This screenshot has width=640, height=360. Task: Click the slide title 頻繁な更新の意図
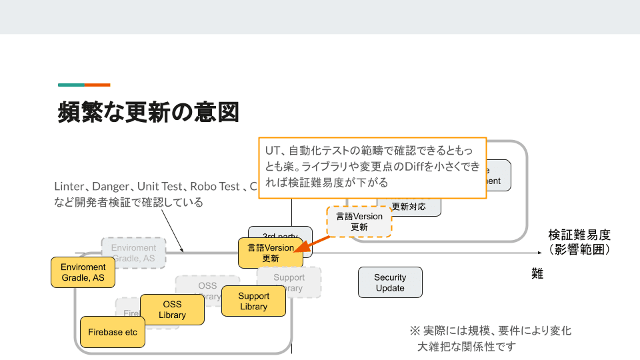coord(148,111)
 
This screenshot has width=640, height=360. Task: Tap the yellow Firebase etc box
coord(113,332)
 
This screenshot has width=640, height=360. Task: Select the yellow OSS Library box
coord(172,309)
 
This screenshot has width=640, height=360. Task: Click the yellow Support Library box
coord(253,301)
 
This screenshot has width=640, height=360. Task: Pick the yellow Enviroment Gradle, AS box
coord(83,272)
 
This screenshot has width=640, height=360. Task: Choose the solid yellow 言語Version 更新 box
coord(270,253)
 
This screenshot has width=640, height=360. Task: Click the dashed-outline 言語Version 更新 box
coord(359,221)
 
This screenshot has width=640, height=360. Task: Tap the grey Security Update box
coord(390,283)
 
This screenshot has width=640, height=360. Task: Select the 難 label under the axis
coord(537,273)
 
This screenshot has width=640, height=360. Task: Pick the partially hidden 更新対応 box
coord(409,207)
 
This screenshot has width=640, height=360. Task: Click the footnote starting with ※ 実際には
coord(490,331)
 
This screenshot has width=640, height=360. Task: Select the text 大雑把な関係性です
coord(467,347)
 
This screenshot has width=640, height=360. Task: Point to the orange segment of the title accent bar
coord(97,85)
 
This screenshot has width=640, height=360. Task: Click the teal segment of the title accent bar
coord(71,85)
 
